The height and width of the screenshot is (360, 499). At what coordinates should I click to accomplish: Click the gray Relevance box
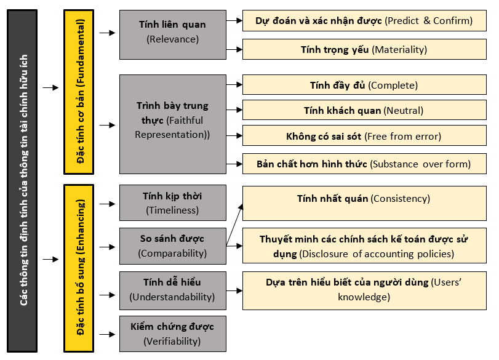(173, 34)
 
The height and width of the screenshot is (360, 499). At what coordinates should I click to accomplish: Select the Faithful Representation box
(173, 124)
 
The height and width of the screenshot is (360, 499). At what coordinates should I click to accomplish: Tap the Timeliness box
(173, 202)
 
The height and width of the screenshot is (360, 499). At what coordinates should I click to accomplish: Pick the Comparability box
(173, 246)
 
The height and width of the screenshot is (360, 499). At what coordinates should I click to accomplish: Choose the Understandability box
(173, 290)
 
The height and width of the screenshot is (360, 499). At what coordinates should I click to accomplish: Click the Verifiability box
(173, 334)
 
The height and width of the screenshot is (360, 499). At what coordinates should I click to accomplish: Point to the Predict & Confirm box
(364, 21)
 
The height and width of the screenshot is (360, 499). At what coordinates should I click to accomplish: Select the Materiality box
(364, 49)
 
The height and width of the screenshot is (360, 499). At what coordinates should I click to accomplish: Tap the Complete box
(364, 85)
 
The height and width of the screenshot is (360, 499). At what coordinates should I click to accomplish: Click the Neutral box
(364, 110)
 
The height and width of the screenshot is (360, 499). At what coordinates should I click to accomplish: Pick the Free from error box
(364, 135)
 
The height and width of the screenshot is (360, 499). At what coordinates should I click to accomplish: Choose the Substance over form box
(364, 164)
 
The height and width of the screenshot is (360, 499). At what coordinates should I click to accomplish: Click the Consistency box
(364, 204)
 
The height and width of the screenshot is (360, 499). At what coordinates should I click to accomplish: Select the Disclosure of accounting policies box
(364, 246)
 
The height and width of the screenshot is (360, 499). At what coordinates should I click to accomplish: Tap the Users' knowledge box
(364, 290)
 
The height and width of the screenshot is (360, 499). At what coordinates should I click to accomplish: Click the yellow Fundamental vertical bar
(79, 92)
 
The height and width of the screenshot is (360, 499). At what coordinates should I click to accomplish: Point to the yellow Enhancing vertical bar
(79, 268)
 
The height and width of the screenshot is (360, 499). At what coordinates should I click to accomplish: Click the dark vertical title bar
(22, 181)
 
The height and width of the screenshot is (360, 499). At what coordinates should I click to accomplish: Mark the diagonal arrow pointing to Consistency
(234, 225)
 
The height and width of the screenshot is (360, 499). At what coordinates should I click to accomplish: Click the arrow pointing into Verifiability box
(107, 334)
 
